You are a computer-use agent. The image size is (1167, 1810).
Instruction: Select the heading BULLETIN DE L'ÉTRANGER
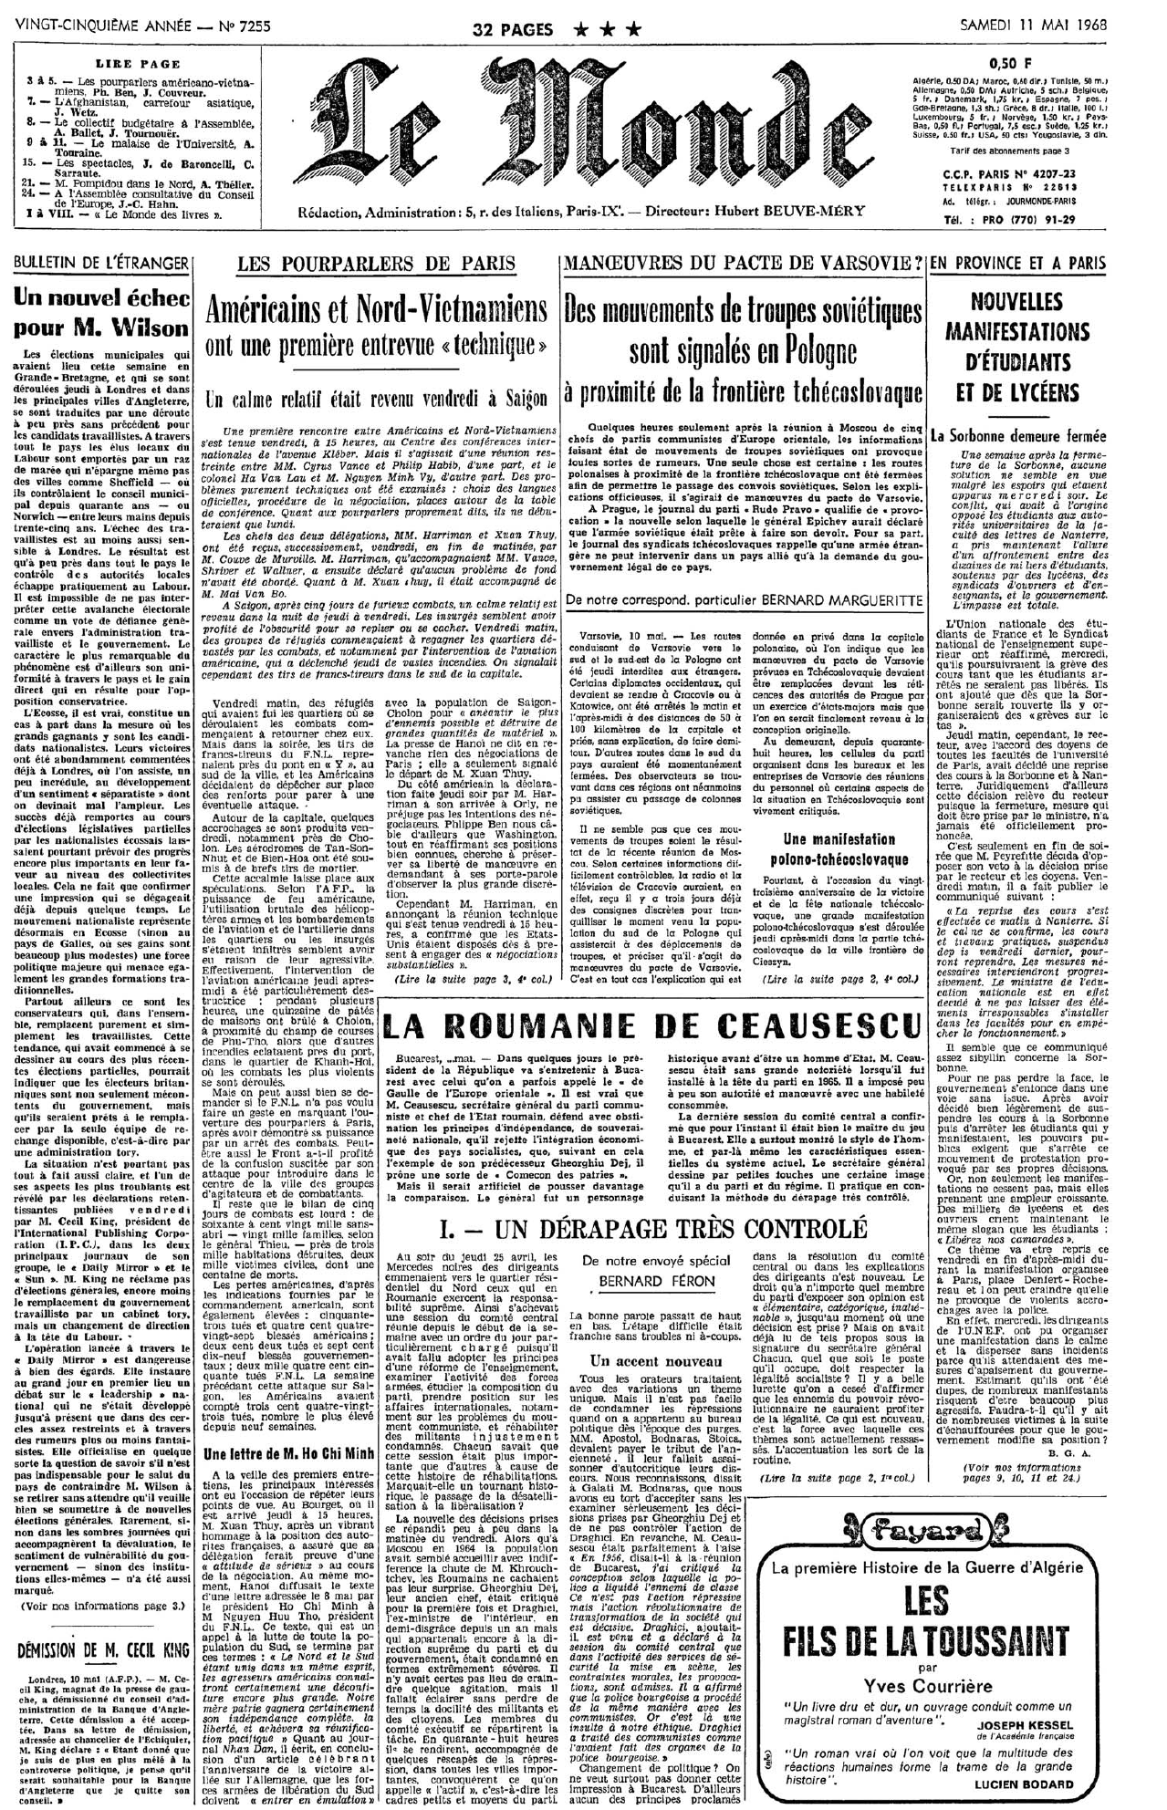tap(99, 264)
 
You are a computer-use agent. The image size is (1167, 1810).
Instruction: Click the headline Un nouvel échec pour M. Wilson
tap(100, 312)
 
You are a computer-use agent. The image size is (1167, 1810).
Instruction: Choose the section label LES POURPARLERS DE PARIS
tap(375, 265)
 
